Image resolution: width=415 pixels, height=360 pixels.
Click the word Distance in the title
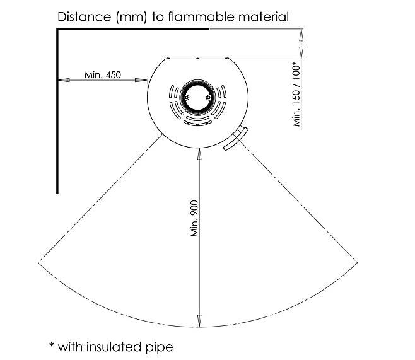tap(84, 16)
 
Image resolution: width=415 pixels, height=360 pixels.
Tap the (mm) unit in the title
tap(131, 17)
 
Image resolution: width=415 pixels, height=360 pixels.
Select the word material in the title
tap(264, 16)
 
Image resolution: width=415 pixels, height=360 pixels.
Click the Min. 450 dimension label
tap(103, 75)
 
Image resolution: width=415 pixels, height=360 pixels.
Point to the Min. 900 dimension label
tap(194, 219)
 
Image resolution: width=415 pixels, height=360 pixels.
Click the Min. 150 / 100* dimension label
tap(296, 94)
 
